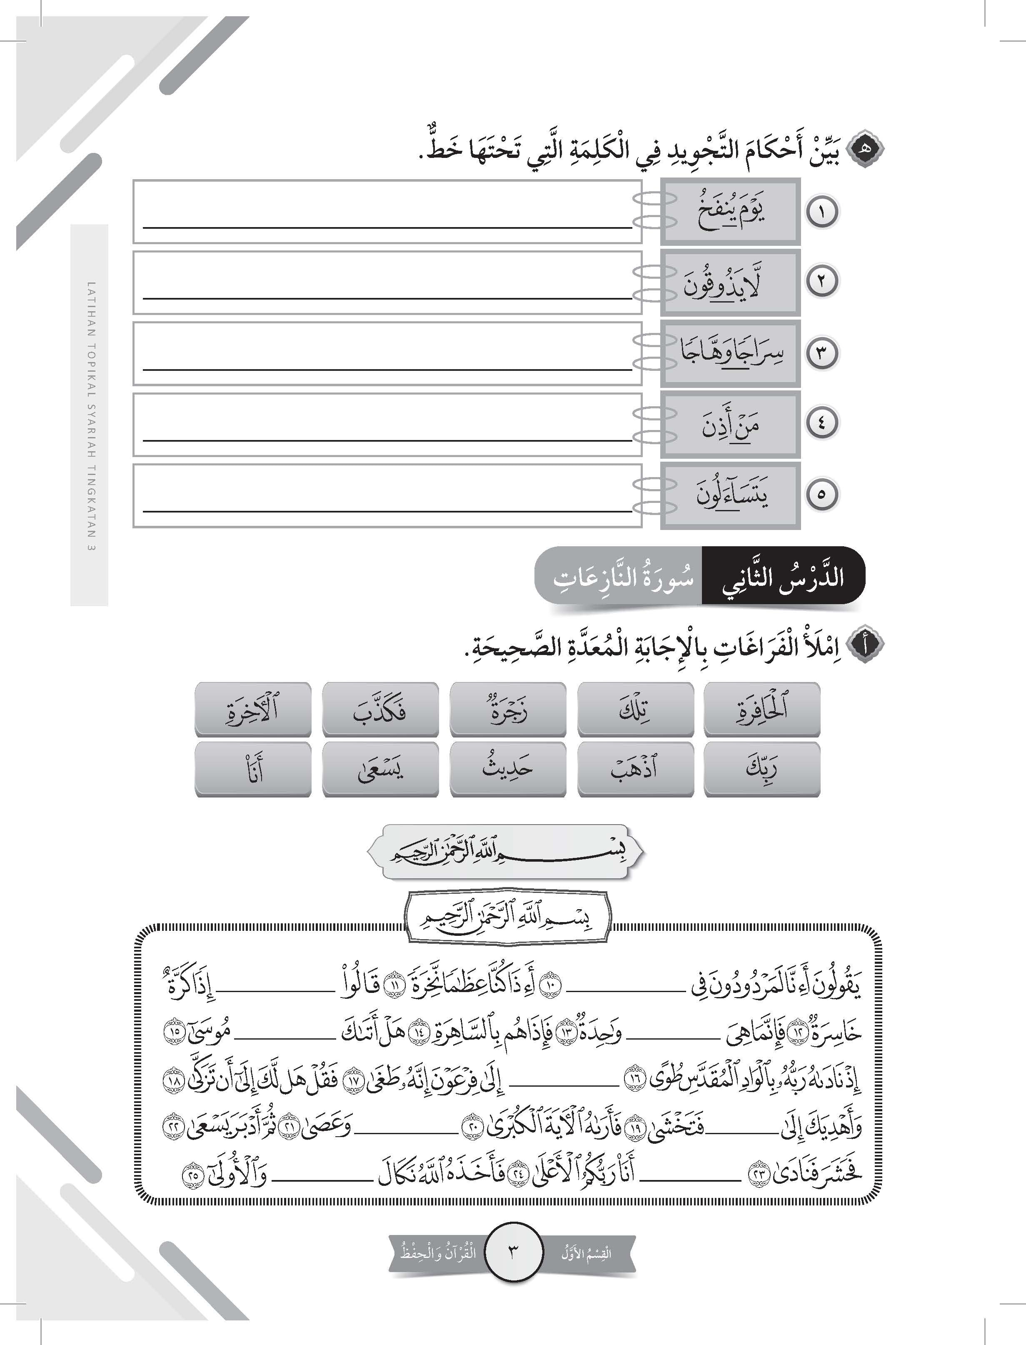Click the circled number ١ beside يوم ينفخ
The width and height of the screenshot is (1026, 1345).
tap(821, 212)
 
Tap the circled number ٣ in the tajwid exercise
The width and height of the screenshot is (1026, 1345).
tap(821, 353)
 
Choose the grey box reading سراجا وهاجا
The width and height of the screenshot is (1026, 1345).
tap(730, 353)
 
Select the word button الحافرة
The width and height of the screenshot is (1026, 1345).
tap(761, 709)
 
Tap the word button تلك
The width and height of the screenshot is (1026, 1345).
tap(635, 709)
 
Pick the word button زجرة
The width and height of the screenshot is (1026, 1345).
tap(507, 709)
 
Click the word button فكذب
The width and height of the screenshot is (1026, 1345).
tap(380, 709)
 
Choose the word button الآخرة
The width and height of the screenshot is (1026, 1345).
tap(253, 709)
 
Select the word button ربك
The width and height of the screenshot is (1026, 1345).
tap(761, 768)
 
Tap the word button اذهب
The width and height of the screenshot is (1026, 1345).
tap(635, 768)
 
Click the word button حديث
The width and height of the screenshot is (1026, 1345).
tap(507, 768)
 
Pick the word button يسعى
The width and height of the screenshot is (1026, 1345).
tap(380, 768)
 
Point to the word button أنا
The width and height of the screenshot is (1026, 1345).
tap(253, 768)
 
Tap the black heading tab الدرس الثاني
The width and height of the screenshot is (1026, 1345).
tap(783, 576)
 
